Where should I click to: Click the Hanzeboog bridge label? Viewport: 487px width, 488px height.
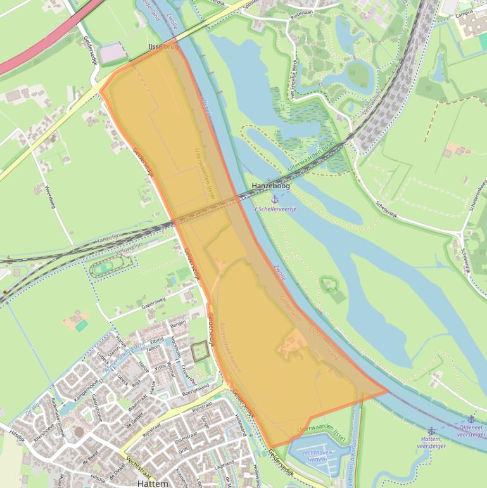[x=270, y=186]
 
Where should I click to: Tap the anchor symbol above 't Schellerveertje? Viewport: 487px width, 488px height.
[x=275, y=199]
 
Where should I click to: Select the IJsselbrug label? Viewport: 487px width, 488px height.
[x=160, y=47]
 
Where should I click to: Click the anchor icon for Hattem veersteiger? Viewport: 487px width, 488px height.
[x=431, y=431]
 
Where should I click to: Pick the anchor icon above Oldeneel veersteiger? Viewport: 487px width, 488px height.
[x=471, y=419]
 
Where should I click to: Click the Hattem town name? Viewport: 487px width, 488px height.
[x=153, y=484]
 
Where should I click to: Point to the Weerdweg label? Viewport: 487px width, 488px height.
[x=50, y=197]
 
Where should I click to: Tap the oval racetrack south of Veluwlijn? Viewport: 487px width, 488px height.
[x=104, y=269]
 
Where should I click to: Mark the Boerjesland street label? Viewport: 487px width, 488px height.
[x=195, y=387]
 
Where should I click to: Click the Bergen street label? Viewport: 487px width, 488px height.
[x=178, y=323]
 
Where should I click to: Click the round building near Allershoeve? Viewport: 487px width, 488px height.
[x=79, y=432]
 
